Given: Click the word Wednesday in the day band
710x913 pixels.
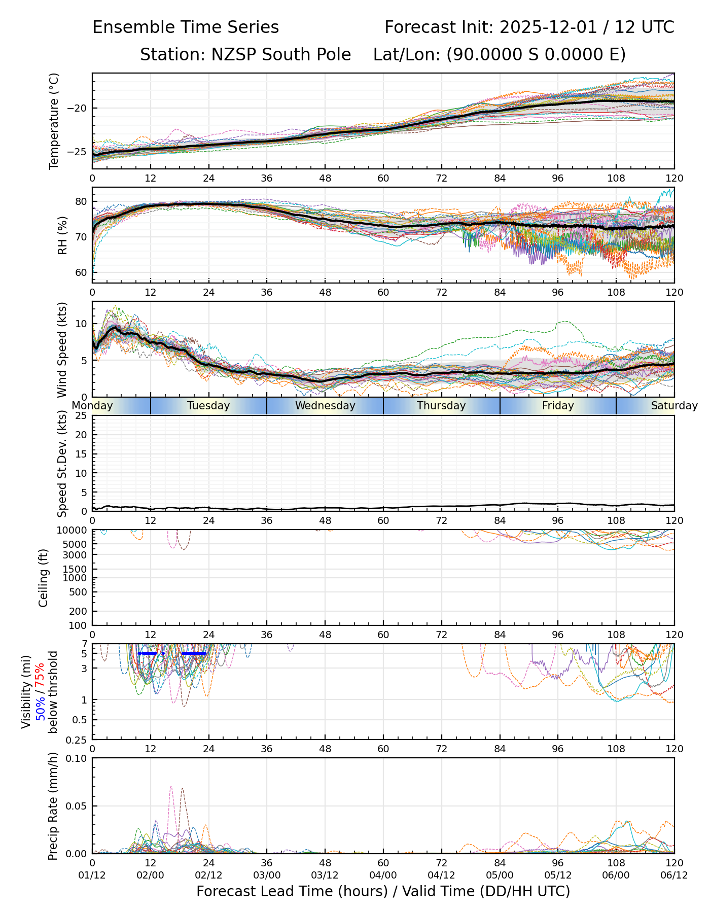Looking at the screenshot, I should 325,406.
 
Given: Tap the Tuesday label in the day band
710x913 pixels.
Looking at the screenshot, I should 208,406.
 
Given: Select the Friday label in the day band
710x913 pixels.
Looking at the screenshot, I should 558,406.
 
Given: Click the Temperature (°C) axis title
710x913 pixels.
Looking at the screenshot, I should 54,121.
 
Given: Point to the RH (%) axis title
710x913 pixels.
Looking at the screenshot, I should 62,235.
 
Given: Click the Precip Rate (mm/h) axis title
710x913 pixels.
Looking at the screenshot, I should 53,805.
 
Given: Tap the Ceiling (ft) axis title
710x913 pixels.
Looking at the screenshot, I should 44,578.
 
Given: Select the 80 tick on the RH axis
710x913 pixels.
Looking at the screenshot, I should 82,201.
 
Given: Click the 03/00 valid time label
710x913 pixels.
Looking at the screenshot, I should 267,875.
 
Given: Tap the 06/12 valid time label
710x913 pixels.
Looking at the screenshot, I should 674,875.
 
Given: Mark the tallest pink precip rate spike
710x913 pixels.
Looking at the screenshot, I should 171,788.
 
